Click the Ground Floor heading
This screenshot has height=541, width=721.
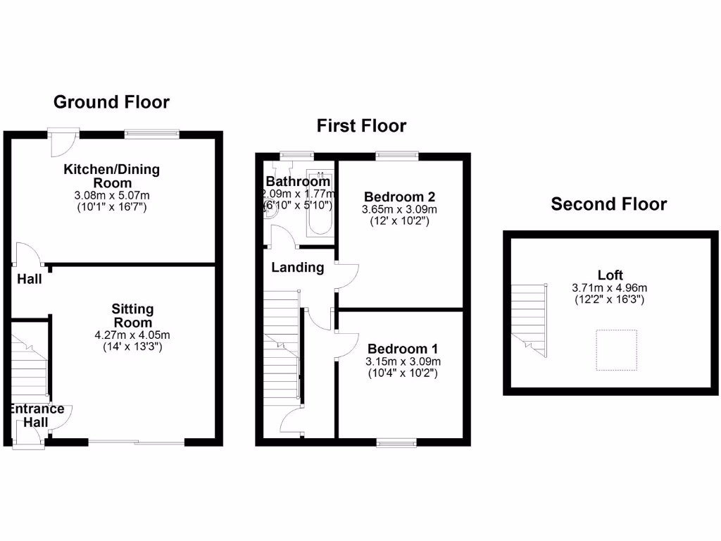[112, 102]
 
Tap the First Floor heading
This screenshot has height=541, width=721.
[361, 126]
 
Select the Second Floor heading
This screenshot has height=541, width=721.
[608, 204]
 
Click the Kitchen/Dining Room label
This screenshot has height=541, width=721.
[112, 175]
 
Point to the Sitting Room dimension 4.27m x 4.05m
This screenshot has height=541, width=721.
[132, 335]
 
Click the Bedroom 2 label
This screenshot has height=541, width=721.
[399, 197]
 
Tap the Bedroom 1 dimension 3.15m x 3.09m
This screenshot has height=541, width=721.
[403, 362]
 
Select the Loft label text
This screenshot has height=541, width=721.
[610, 275]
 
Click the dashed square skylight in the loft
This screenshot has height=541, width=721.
[617, 349]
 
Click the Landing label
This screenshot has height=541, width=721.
[298, 268]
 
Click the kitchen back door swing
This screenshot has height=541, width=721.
[61, 144]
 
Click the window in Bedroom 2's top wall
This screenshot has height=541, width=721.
[397, 155]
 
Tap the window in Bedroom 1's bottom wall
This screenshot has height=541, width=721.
[396, 442]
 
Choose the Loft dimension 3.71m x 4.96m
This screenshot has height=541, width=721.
[610, 288]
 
